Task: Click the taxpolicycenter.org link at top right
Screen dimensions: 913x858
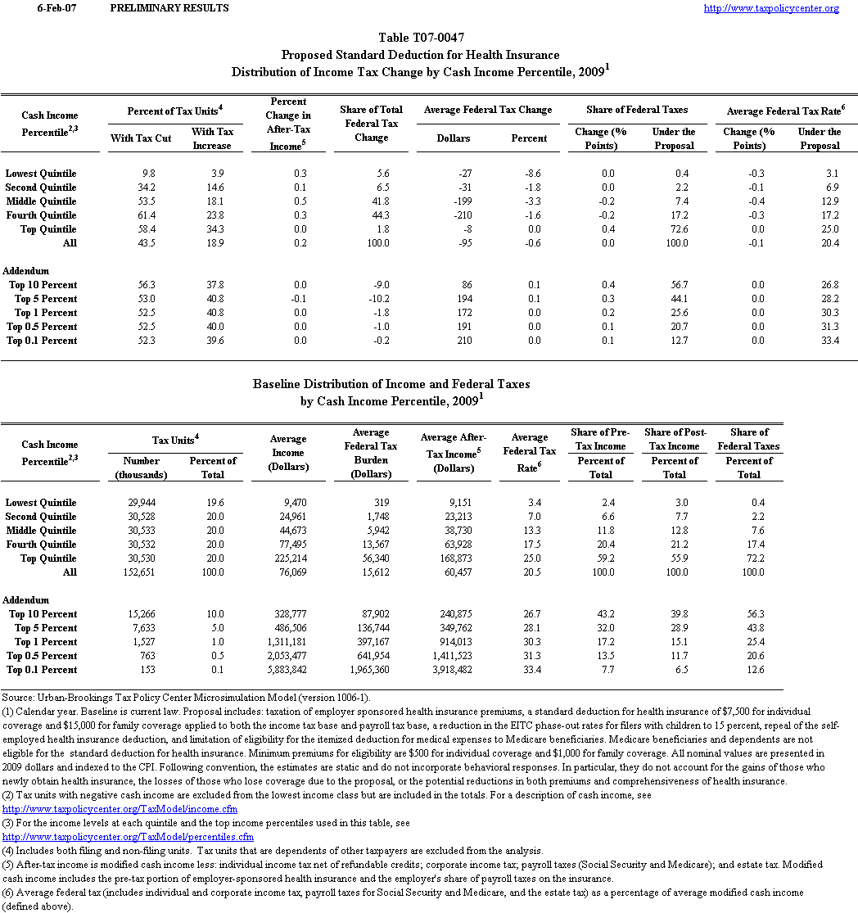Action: coord(771,8)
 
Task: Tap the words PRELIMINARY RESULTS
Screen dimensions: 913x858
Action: coord(169,8)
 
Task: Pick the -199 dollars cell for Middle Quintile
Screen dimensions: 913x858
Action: coord(457,201)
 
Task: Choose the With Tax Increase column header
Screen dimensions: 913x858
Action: coord(212,138)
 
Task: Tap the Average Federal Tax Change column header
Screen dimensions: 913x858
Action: coord(488,110)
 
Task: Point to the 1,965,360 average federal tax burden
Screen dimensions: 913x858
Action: coord(377,670)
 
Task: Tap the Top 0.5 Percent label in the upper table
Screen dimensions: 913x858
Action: coord(42,327)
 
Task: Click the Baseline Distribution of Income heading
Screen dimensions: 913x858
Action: coord(391,383)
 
